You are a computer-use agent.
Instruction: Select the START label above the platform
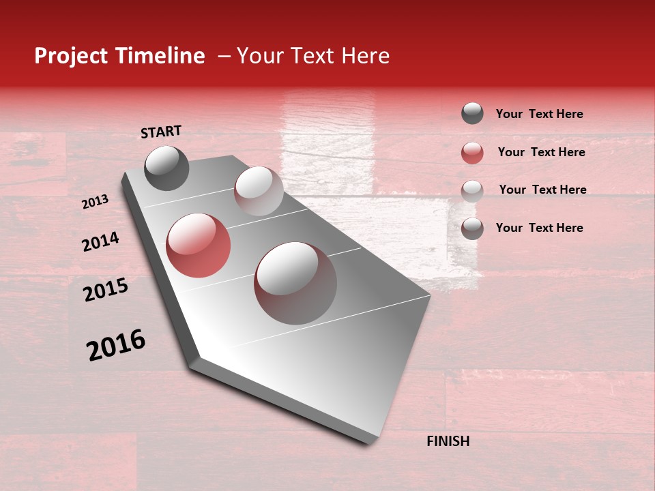161,131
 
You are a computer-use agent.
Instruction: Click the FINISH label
448,441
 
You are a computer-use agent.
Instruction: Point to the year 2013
95,202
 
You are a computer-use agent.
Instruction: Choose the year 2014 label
100,242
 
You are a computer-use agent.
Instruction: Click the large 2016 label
116,345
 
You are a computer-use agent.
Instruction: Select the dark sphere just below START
166,168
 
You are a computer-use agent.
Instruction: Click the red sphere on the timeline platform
199,245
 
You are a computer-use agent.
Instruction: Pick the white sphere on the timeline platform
259,191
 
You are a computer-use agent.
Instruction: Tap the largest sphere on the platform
295,283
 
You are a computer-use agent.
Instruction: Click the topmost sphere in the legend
472,113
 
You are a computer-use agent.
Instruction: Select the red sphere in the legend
472,153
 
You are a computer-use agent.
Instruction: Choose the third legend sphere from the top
472,190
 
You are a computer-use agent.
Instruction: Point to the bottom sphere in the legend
472,228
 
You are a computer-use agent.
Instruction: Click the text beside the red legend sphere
541,152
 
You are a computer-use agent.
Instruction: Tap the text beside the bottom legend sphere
539,228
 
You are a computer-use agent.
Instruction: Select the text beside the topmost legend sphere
539,114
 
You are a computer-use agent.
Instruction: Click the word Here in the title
365,57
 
